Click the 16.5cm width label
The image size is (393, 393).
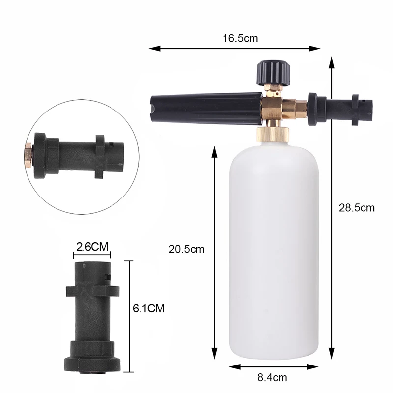[x=240, y=39]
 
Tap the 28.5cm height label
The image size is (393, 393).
[x=357, y=208]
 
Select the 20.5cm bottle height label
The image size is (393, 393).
[x=187, y=249]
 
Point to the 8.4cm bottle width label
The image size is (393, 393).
[x=272, y=377]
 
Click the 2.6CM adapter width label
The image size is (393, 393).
[x=92, y=247]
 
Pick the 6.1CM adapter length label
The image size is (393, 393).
[x=149, y=309]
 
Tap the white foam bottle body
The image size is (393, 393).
[x=274, y=251]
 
